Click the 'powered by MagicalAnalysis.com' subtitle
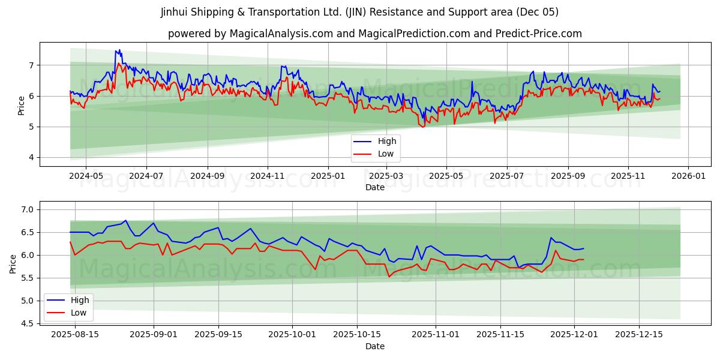pos(374,34)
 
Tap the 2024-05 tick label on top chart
pos(86,176)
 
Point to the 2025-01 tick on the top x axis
pos(328,176)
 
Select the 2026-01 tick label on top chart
pos(688,176)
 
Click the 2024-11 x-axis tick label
pos(267,176)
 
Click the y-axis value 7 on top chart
pos(32,65)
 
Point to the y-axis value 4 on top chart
pos(32,158)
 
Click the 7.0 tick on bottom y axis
pos(29,209)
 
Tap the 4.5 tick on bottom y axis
pos(29,323)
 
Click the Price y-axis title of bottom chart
pos(13,263)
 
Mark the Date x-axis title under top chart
pos(374,187)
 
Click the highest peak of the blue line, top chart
pos(119,50)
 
